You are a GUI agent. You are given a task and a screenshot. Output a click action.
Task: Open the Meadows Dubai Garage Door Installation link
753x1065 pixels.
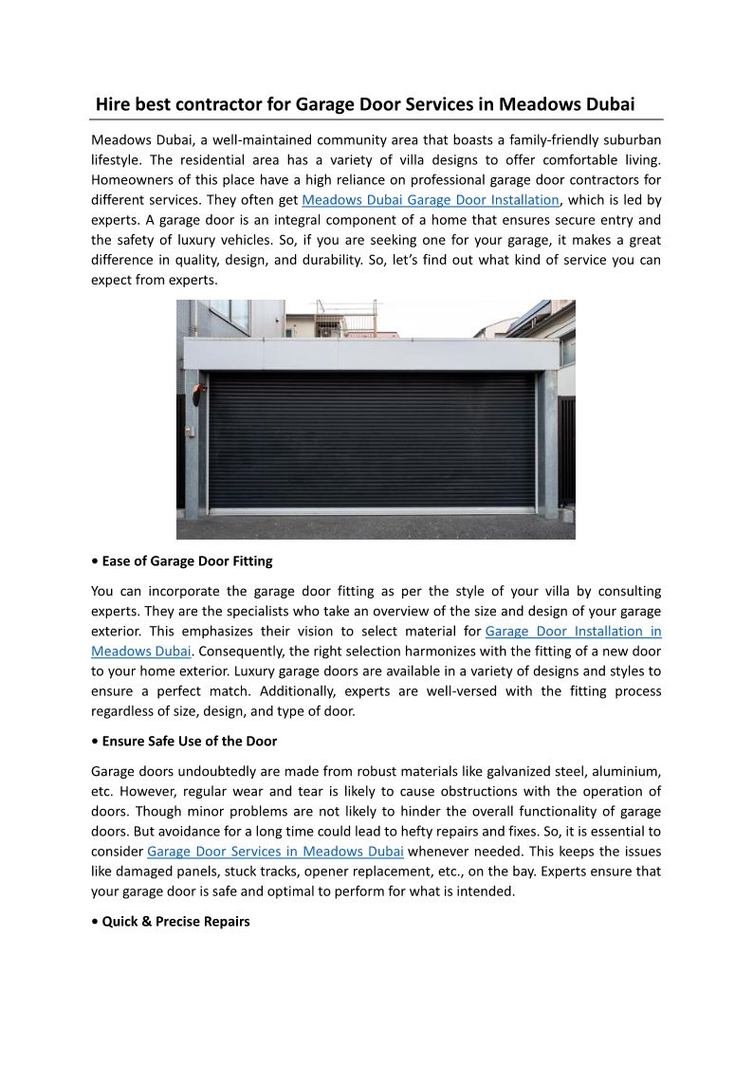point(431,200)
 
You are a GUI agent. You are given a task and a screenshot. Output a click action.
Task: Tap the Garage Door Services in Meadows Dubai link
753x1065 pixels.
point(276,851)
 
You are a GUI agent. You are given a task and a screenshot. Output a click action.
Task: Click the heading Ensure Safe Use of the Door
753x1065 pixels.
point(189,741)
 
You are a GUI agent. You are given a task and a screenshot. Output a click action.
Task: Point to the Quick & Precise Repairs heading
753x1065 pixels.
point(175,921)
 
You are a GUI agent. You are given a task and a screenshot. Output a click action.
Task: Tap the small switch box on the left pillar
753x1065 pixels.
point(190,432)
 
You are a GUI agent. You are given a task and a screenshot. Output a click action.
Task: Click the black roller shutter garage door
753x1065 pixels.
point(371,440)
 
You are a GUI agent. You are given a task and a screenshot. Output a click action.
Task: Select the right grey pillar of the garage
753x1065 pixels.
point(547,441)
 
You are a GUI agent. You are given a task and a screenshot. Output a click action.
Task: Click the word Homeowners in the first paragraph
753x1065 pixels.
point(133,179)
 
